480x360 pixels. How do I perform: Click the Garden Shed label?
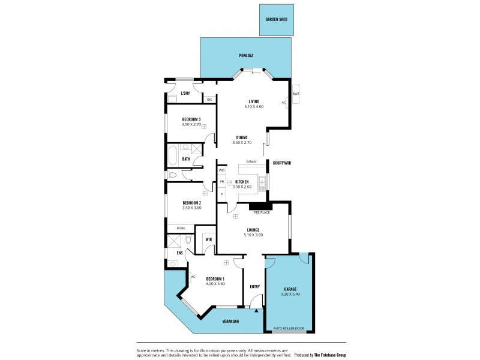tap(276, 20)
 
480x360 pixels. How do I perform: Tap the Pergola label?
tap(246, 55)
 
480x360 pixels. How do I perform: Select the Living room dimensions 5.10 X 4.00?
tap(254, 106)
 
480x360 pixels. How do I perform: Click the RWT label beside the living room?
tap(296, 94)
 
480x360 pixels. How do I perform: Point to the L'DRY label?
tap(185, 93)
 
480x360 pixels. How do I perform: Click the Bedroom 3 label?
tap(191, 119)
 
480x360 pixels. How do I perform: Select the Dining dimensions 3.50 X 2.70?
tap(242, 143)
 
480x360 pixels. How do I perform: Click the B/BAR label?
tap(251, 161)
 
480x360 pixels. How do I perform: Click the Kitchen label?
tap(242, 181)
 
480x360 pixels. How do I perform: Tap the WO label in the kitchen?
tap(221, 170)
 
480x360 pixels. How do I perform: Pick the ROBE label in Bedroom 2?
tap(180, 228)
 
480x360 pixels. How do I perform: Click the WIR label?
tap(209, 239)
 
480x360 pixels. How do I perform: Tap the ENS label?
tap(179, 253)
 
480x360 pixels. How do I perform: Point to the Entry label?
tap(255, 286)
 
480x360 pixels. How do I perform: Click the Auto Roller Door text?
tap(289, 328)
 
